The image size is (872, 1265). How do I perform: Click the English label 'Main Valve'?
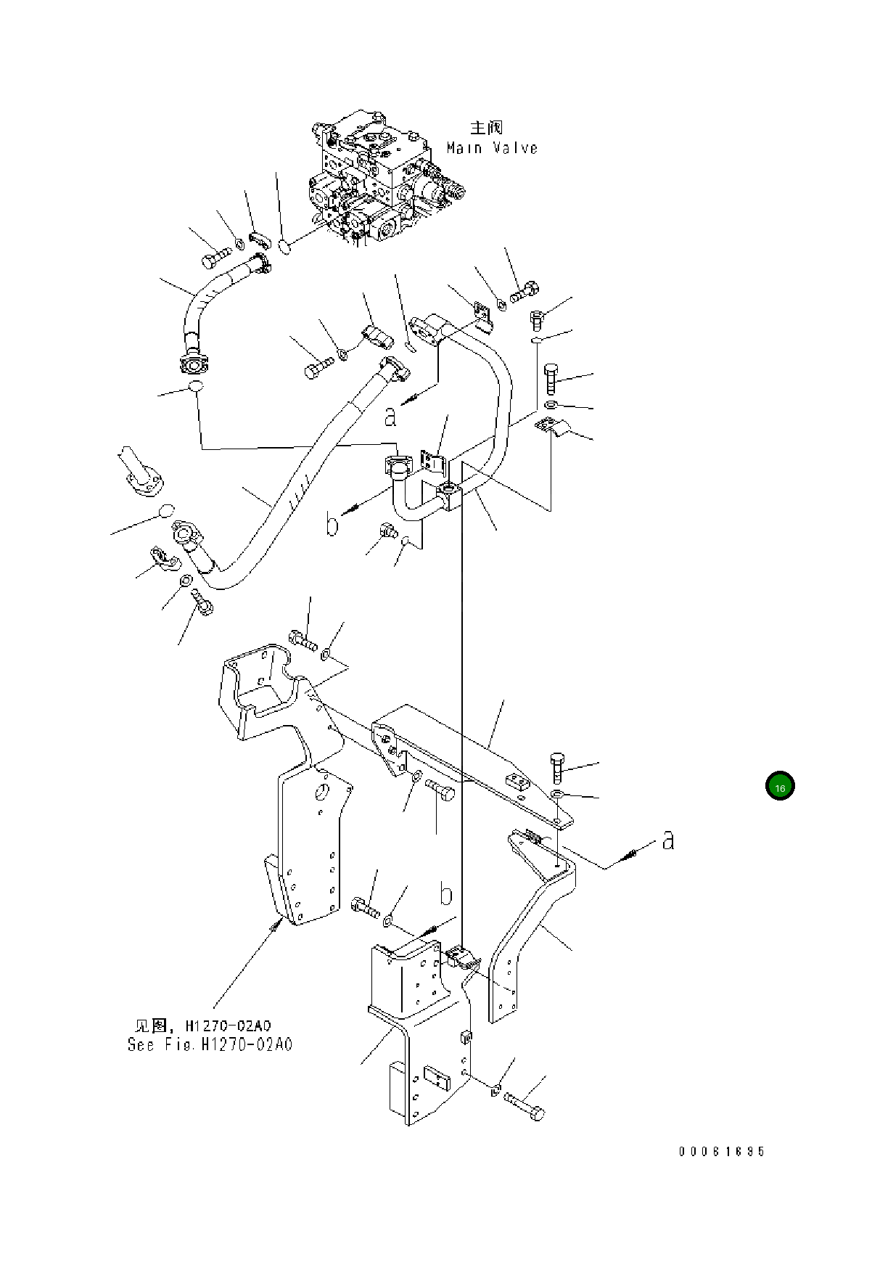492,148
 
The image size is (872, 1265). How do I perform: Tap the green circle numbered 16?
780,787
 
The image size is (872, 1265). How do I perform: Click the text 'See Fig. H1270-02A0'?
210,1045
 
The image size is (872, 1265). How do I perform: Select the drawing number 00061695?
722,1151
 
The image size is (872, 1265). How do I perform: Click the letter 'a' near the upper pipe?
391,416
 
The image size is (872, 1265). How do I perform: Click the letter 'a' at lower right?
668,840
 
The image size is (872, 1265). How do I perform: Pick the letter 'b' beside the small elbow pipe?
332,523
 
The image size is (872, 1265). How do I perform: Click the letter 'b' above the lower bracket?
447,895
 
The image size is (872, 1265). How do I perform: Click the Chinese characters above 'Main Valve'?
486,128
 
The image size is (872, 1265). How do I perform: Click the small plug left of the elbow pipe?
384,532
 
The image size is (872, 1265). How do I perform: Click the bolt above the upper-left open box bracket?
302,640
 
